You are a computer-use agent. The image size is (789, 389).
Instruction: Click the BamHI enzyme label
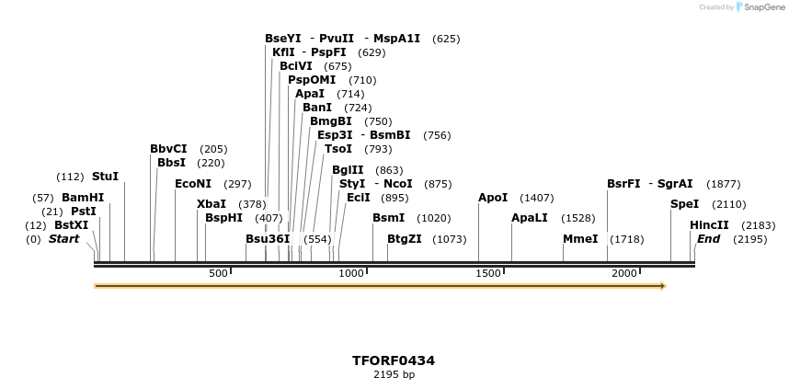click(x=83, y=198)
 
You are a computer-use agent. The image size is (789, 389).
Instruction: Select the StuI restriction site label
click(x=105, y=177)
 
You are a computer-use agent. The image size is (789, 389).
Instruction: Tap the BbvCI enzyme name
click(x=168, y=149)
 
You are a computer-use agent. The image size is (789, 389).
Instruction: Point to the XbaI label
click(x=212, y=204)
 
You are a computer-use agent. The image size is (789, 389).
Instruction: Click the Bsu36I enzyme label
click(x=268, y=239)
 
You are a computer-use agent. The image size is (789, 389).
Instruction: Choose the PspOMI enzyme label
click(x=312, y=80)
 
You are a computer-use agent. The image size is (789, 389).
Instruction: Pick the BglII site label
click(x=348, y=170)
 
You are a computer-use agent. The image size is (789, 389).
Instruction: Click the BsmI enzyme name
click(x=388, y=218)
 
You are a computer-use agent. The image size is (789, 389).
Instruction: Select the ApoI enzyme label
click(x=493, y=198)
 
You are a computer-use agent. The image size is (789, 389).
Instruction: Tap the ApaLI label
click(x=530, y=218)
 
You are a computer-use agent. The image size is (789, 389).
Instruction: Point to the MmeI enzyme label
click(x=580, y=239)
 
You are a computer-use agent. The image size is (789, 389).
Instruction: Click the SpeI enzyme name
click(x=685, y=204)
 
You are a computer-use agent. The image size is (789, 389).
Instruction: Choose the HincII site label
click(x=709, y=225)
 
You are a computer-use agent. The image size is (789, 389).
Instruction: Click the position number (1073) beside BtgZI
click(x=450, y=239)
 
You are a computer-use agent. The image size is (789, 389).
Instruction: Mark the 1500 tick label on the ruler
click(x=489, y=274)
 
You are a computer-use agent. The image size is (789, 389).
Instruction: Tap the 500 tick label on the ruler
click(x=218, y=274)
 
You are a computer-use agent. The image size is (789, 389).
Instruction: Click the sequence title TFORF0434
click(x=394, y=360)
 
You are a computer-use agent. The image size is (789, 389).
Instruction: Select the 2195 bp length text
click(x=394, y=375)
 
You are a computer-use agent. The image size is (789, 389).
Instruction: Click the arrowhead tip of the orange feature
click(x=663, y=286)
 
